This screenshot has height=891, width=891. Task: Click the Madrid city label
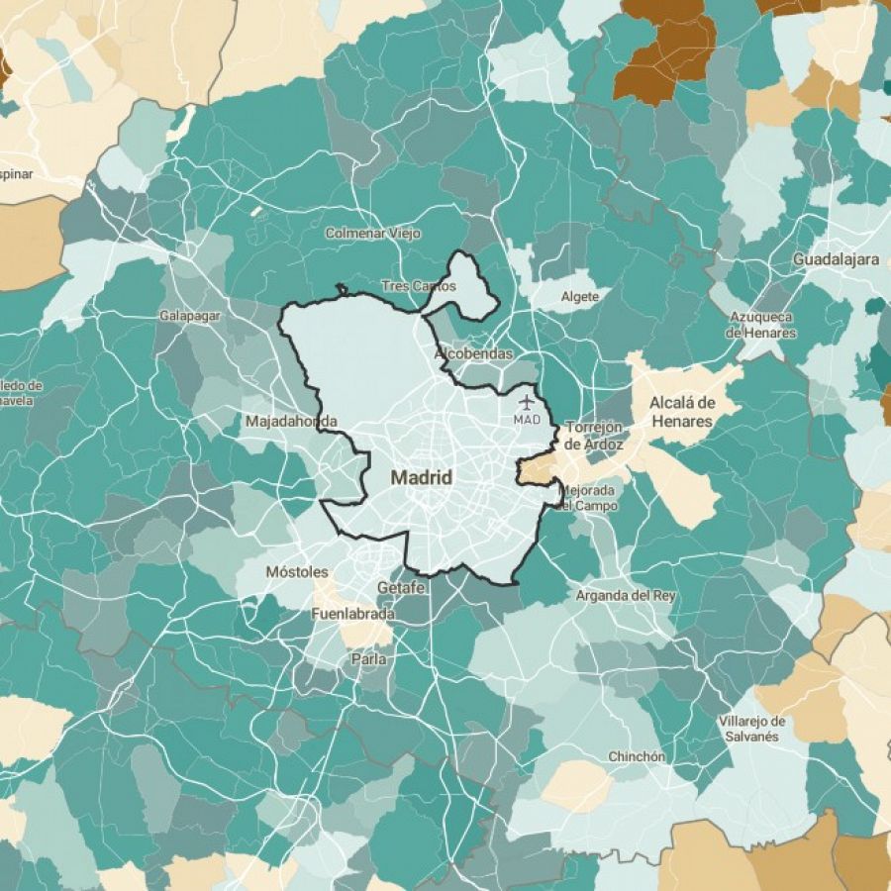pos(422,477)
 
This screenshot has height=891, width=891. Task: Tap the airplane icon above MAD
pos(526,402)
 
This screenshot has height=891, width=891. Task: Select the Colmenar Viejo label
pos(373,234)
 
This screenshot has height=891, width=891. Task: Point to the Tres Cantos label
pos(419,286)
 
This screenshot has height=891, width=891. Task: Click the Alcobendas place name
pos(473,353)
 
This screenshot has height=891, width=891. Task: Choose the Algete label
pos(580,296)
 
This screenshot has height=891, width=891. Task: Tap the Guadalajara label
pos(836,259)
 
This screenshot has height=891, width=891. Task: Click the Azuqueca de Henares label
pos(761,325)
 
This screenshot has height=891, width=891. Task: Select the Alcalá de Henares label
pos(681,412)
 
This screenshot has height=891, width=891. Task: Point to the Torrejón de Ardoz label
pos(593,436)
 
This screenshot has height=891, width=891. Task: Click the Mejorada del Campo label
pos(587,498)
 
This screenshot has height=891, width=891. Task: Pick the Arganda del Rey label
pos(626,595)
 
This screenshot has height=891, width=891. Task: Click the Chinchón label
pos(637,756)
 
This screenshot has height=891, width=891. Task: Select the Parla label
pos(368,658)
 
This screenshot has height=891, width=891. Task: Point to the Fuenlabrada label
pos(352,614)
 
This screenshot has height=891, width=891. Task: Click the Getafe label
pos(401,588)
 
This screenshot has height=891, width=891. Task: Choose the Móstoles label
pos(296,572)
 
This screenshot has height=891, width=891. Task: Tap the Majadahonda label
pos(291,422)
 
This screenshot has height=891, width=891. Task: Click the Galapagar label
pos(189,316)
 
